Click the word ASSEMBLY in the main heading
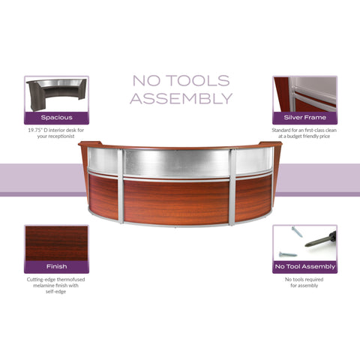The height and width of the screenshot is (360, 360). (181, 97)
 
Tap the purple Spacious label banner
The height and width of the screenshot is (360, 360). (56, 117)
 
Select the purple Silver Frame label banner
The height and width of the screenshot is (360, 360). (304, 117)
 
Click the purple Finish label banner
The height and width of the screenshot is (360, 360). (56, 266)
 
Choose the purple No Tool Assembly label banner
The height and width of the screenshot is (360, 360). (304, 266)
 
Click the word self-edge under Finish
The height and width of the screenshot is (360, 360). (56, 293)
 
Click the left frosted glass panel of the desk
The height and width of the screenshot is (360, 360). (103, 160)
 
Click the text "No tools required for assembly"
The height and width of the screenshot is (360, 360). (304, 283)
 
